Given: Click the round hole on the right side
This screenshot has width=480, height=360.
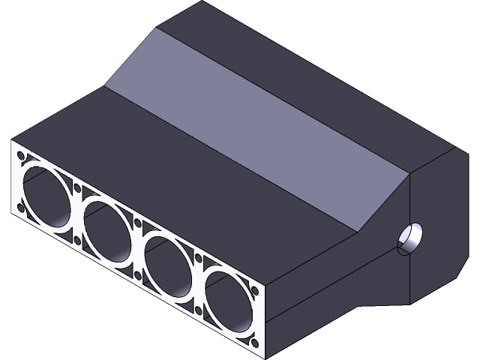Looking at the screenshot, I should click(411, 238).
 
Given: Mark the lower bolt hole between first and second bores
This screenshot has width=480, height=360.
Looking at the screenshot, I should click(76, 239).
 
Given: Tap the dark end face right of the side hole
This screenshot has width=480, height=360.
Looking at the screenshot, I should click(439, 225).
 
